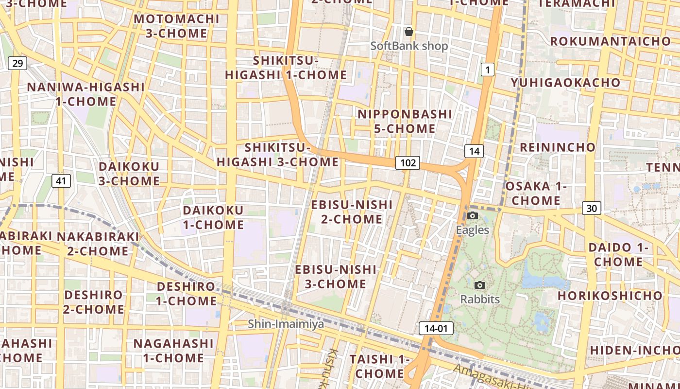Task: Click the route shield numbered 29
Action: tap(17, 63)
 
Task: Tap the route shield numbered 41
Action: tap(61, 181)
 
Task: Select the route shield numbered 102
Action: tap(407, 162)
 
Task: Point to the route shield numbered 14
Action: tap(474, 151)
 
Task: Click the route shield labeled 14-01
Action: tap(436, 328)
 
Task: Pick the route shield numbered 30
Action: tap(592, 208)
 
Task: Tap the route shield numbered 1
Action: tap(488, 70)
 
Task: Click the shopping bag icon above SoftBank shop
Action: tap(409, 32)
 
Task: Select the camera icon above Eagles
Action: tap(473, 215)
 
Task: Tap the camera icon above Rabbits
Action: tap(480, 285)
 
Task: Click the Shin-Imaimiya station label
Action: tap(286, 324)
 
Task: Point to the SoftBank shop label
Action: tap(409, 46)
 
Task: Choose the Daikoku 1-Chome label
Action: tap(213, 217)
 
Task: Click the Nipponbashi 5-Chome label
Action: tap(405, 121)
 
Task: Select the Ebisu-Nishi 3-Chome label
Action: tap(336, 276)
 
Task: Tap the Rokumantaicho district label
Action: tap(611, 41)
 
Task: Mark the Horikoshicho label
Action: tap(610, 296)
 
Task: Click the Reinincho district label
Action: tap(558, 147)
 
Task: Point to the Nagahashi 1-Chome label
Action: tap(173, 351)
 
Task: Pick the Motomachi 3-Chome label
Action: tap(177, 26)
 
